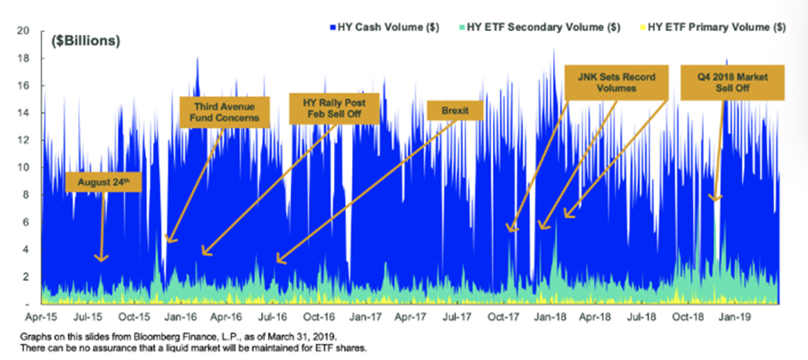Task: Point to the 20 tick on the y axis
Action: click(x=24, y=30)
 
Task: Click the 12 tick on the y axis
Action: click(x=24, y=139)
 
